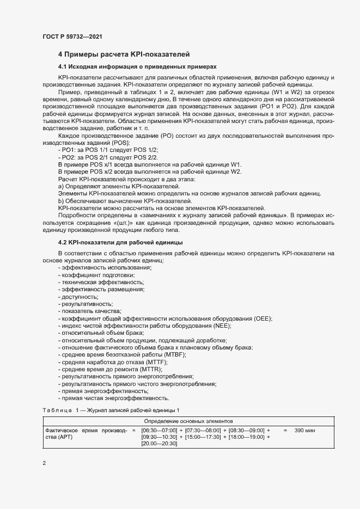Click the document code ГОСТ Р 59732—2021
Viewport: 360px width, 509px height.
point(72,36)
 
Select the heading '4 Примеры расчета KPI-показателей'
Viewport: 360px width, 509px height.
point(124,54)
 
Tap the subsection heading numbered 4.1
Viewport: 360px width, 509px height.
point(137,66)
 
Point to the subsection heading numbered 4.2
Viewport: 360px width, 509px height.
point(120,242)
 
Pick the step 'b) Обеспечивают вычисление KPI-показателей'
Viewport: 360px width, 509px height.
point(125,200)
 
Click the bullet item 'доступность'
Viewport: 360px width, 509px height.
point(80,297)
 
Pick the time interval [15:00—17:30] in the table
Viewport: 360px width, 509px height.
point(203,437)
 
